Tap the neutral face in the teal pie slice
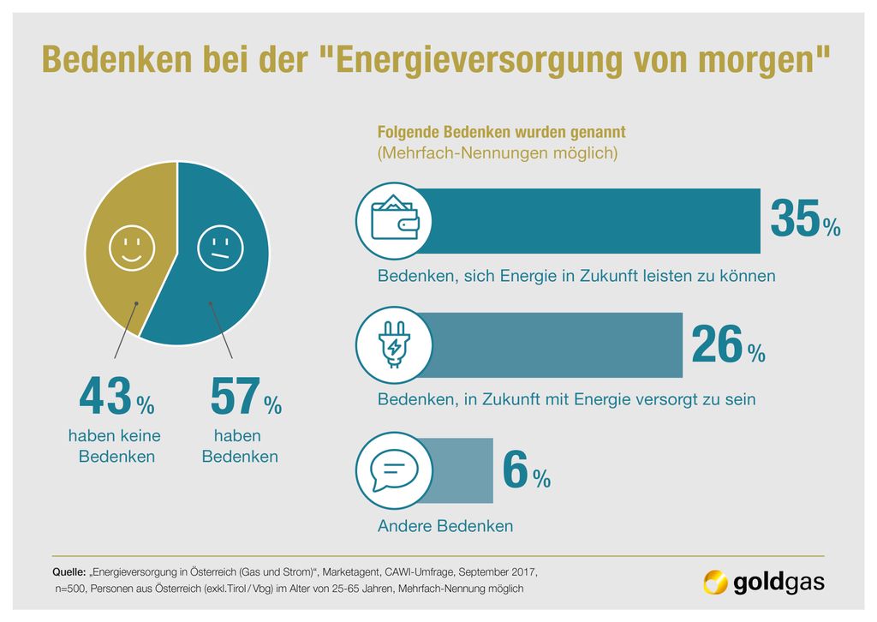click(x=220, y=248)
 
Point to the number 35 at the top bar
click(x=794, y=219)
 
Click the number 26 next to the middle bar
click(x=716, y=344)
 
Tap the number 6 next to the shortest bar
click(x=514, y=469)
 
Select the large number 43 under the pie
click(x=105, y=398)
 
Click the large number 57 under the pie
click(x=235, y=398)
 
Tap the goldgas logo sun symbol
click(x=715, y=583)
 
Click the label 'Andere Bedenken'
click(x=445, y=526)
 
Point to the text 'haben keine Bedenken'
click(x=115, y=446)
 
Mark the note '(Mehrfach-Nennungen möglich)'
click(x=498, y=154)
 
